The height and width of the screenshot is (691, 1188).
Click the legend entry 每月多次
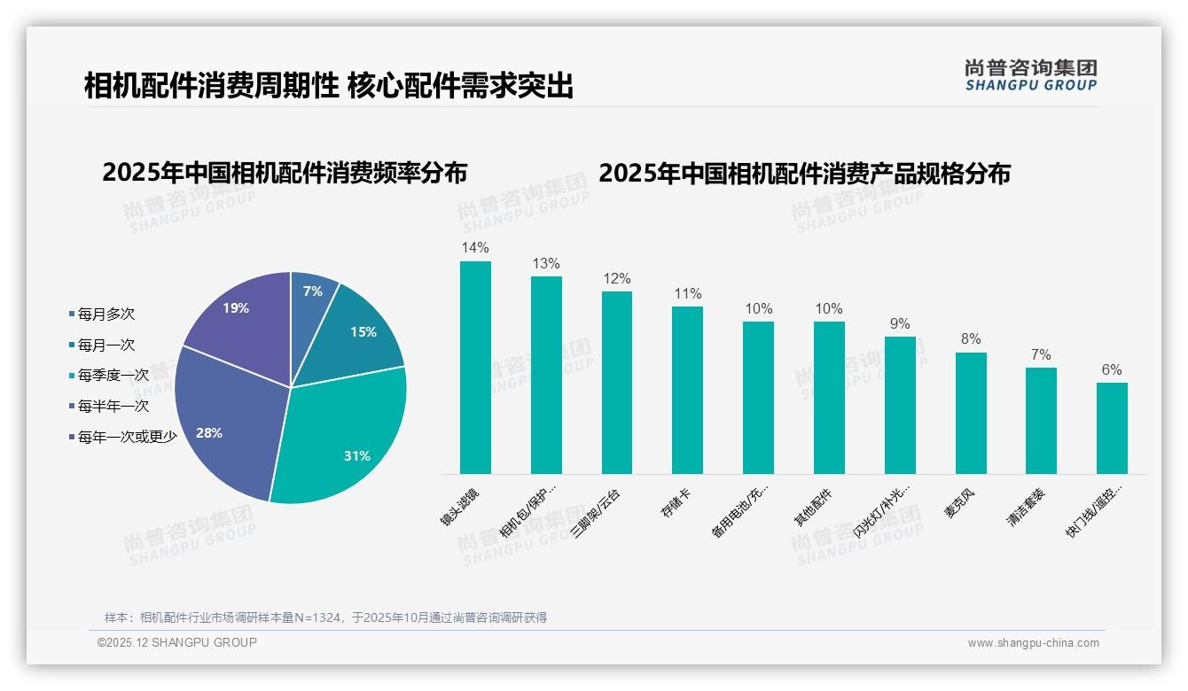(106, 314)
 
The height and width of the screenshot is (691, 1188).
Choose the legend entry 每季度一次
(113, 376)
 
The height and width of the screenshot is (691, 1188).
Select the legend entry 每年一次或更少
(127, 437)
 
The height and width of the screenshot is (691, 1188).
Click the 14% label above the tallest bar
(475, 248)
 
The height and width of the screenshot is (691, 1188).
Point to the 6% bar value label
(1112, 370)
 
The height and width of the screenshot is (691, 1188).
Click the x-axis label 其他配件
(812, 506)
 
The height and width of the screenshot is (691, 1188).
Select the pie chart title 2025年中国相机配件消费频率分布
(285, 173)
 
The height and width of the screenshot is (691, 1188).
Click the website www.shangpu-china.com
(1033, 643)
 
